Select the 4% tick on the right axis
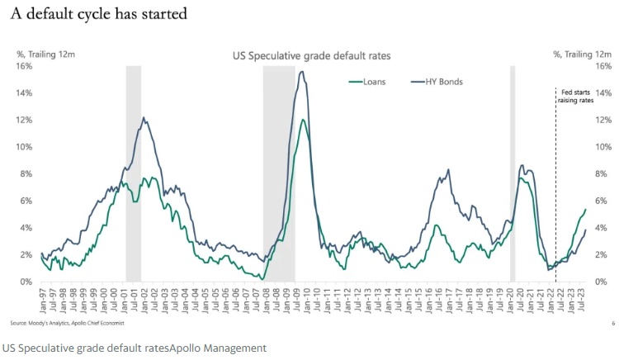click(601, 228)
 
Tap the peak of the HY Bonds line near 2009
click(302, 72)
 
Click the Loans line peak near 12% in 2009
click(303, 120)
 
